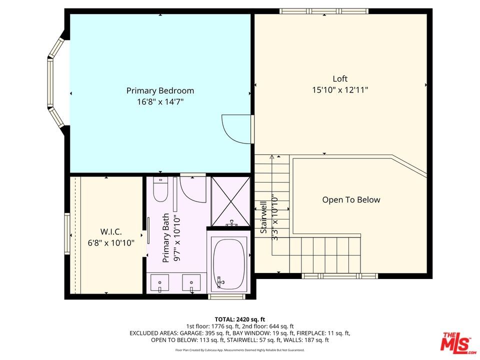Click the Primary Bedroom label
tap(160, 90)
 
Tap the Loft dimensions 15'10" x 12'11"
tap(340, 90)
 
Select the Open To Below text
tap(351, 200)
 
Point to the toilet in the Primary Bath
tap(160, 189)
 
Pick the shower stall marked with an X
tap(231, 201)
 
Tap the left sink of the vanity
tap(159, 282)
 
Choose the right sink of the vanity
tap(191, 282)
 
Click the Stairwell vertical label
tap(263, 217)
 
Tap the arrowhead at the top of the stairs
tap(272, 156)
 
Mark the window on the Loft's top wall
tap(324, 11)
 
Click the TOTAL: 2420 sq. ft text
tap(239, 320)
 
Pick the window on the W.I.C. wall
tap(67, 233)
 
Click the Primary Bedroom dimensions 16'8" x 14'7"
tap(160, 101)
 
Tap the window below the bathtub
tap(227, 296)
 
